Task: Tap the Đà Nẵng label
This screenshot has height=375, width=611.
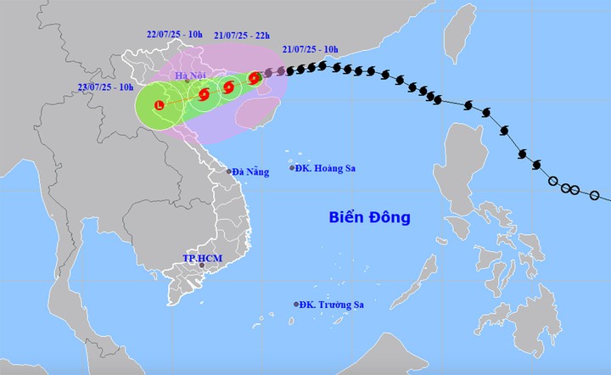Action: (x=251, y=172)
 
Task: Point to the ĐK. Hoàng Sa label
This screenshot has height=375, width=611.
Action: (x=326, y=168)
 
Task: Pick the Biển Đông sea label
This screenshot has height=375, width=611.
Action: (x=369, y=218)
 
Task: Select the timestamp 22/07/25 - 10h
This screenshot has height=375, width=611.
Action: (x=173, y=34)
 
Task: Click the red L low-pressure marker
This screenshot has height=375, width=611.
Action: (x=159, y=105)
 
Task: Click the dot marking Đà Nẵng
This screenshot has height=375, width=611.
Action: (x=228, y=171)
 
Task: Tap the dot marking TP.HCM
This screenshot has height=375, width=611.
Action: (x=201, y=266)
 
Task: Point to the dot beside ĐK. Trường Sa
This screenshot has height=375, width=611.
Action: (x=296, y=304)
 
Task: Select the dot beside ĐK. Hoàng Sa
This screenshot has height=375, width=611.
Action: (x=292, y=168)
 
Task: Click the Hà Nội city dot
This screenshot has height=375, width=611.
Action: (x=187, y=81)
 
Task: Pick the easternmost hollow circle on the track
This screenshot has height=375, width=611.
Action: (x=594, y=196)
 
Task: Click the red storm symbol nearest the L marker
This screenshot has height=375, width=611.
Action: (x=204, y=95)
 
